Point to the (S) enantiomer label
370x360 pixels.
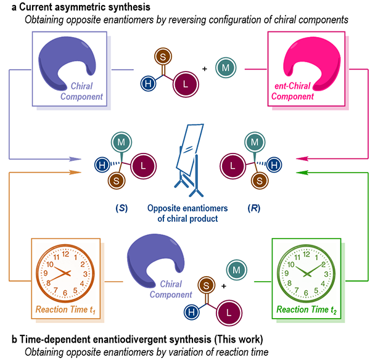point(123,208)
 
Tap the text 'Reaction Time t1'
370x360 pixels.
point(59,308)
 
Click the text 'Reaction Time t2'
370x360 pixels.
point(306,308)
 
